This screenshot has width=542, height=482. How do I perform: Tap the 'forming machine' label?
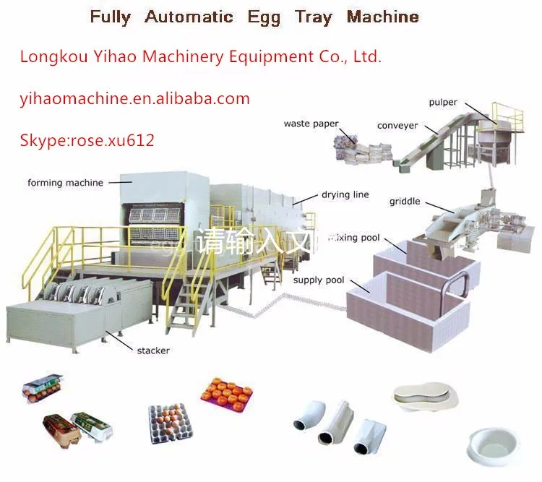pos(65,183)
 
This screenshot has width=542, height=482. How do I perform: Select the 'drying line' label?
pos(345,194)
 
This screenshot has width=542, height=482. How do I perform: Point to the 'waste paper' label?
pos(311,124)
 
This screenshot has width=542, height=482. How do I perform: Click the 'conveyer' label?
pos(397,126)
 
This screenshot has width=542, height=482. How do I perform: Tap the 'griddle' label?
pos(404,201)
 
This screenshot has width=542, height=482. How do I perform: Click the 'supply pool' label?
pos(319,280)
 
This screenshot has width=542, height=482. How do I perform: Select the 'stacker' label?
pos(153,350)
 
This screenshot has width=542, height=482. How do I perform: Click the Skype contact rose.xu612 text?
pos(87,140)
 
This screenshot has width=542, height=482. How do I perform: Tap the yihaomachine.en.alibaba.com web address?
pos(134,99)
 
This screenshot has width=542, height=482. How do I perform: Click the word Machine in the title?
pos(383,17)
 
